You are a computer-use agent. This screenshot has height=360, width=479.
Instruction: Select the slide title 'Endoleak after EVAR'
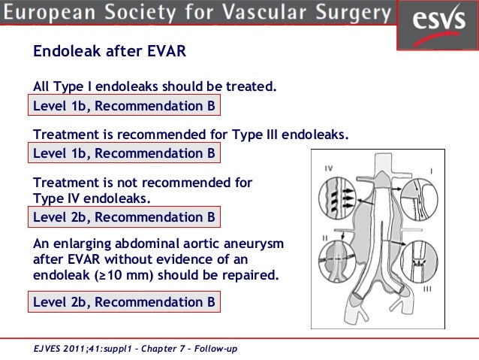pos(110,53)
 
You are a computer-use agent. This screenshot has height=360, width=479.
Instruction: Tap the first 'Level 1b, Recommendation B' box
pos(124,107)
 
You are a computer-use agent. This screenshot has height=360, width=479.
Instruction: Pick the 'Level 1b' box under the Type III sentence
pos(124,153)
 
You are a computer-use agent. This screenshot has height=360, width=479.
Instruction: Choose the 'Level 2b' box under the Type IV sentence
pos(124,218)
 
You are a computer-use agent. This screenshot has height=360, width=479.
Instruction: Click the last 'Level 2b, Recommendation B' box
pos(124,302)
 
